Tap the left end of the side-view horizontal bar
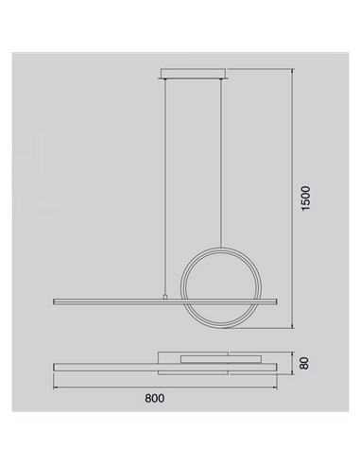(54, 301)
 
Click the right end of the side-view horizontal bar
(275, 301)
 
